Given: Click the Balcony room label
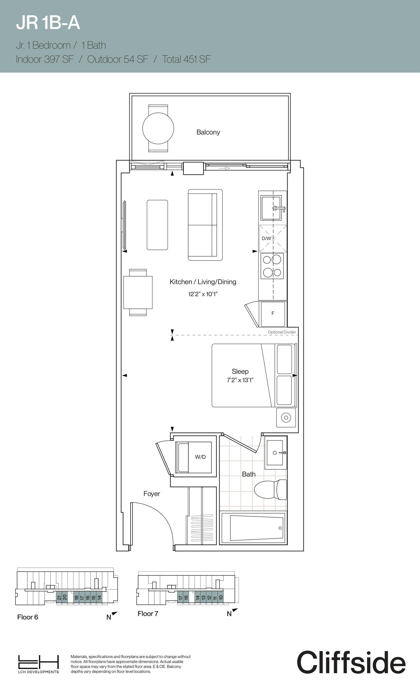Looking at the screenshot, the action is coord(208,132).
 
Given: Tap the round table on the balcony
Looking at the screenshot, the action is coord(158,128).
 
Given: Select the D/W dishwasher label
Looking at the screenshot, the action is coord(266,238).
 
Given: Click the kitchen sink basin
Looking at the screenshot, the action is coord(271,208).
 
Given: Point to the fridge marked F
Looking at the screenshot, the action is coord(273,313).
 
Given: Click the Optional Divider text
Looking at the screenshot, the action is coord(282,332).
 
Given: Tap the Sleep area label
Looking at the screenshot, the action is coord(240,371).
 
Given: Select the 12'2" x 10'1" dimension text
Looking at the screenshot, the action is coord(203,294).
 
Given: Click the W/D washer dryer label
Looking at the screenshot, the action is coord(201,457).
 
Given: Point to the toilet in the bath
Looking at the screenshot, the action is coord(270,490).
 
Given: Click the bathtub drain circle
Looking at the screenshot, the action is coord(280,528).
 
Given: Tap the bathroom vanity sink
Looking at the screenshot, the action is coord(275,453).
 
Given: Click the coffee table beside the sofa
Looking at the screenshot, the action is coord(157,225).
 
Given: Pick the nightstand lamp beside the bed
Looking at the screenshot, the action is coord(286,418).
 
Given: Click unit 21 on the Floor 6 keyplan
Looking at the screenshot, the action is coord(59,598).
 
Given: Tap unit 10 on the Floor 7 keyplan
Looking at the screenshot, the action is coord(221,598).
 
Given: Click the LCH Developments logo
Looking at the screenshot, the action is coord(38,664).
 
